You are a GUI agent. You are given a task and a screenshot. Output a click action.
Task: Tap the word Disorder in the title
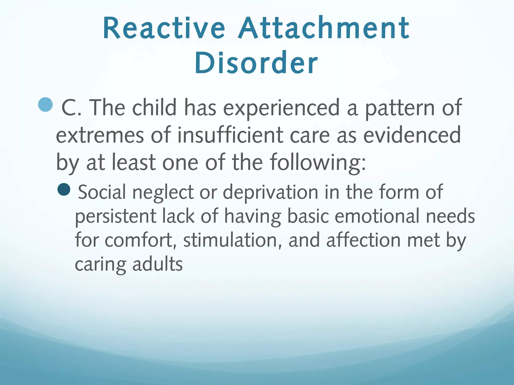pyautogui.click(x=256, y=63)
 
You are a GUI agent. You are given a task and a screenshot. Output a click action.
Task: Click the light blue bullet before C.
pyautogui.click(x=45, y=105)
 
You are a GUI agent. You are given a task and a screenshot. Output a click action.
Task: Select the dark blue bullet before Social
pyautogui.click(x=64, y=189)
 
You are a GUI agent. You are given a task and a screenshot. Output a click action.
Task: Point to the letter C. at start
pyautogui.click(x=71, y=108)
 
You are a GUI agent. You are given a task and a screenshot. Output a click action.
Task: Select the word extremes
pyautogui.click(x=100, y=135)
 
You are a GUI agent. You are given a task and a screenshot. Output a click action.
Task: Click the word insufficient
pyautogui.click(x=230, y=135)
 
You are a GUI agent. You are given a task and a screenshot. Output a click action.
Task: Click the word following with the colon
pyautogui.click(x=318, y=163)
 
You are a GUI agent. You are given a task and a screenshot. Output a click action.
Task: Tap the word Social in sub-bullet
pyautogui.click(x=102, y=192)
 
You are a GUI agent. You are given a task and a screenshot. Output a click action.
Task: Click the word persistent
pyautogui.click(x=115, y=217)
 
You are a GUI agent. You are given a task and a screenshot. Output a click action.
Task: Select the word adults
pyautogui.click(x=157, y=264)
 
